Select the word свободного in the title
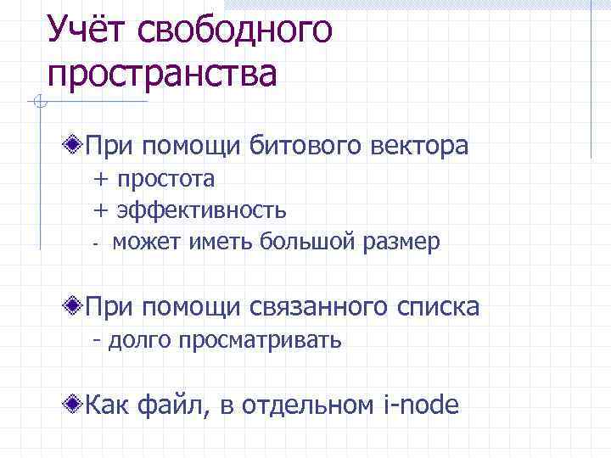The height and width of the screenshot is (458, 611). [235, 31]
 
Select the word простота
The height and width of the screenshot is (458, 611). [166, 179]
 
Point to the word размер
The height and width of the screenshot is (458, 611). [402, 243]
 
